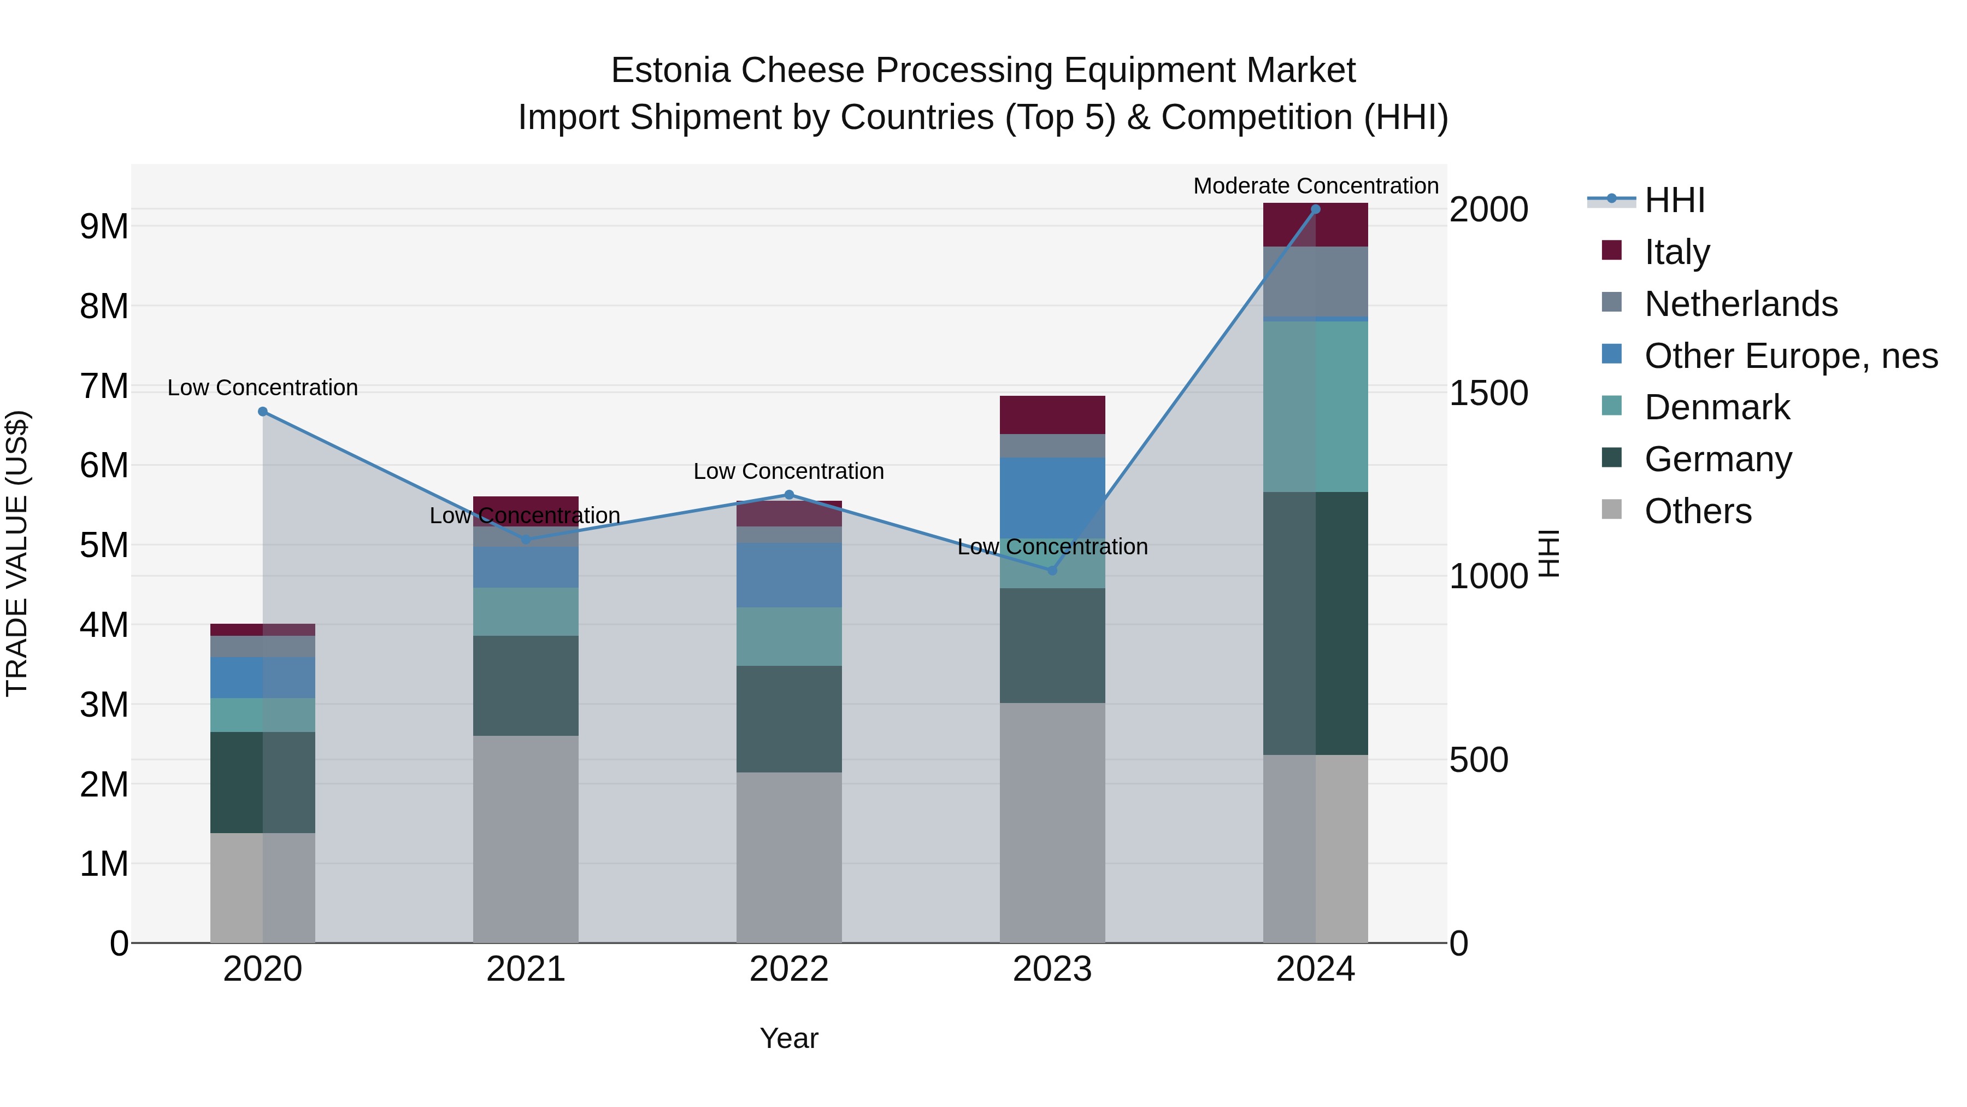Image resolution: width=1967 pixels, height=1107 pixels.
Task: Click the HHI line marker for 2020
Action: [x=263, y=411]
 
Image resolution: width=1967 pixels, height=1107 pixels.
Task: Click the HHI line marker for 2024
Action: [x=1315, y=209]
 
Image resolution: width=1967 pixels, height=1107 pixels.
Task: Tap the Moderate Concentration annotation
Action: [x=1315, y=186]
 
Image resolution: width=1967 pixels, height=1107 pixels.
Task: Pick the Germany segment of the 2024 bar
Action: [x=1315, y=623]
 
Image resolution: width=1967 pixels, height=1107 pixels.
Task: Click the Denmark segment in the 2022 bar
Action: [x=789, y=636]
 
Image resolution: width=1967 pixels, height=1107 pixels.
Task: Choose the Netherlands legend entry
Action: [x=1740, y=304]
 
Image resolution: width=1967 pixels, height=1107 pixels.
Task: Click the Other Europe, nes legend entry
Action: [x=1791, y=356]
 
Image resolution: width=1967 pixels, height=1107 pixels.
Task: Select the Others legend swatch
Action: [x=1611, y=509]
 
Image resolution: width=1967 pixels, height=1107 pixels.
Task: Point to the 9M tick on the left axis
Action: [x=104, y=227]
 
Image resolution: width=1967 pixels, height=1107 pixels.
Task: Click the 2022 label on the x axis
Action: [x=789, y=969]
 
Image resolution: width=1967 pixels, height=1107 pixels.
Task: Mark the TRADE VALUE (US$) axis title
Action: [x=17, y=553]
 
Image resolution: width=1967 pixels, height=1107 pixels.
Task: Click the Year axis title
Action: [x=789, y=1038]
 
